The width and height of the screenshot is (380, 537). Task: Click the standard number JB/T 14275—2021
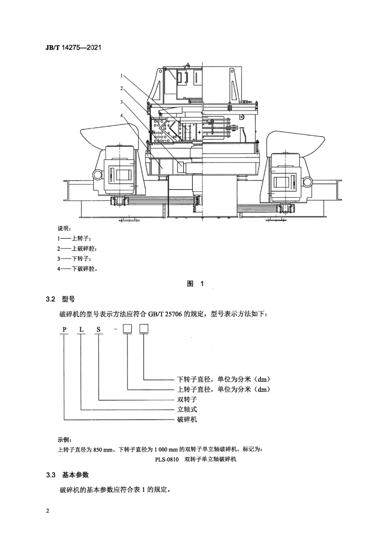(73, 48)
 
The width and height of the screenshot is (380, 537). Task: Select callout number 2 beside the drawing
(122, 88)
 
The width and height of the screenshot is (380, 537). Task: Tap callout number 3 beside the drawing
(122, 102)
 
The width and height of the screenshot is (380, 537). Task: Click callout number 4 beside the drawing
(122, 116)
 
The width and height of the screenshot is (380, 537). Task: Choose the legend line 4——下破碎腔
(78, 269)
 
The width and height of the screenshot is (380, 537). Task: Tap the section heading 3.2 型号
(60, 299)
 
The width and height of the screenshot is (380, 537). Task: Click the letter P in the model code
(64, 330)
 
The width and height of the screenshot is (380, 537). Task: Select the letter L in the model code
(81, 330)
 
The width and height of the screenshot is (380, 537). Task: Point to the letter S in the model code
(99, 330)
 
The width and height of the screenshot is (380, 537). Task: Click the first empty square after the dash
(128, 329)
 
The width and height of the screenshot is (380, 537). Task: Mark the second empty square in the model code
(144, 329)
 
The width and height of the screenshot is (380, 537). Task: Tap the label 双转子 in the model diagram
(187, 399)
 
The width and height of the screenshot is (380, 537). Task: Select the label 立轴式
(187, 409)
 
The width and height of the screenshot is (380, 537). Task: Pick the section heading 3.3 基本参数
(67, 475)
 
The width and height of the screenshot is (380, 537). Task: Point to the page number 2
(48, 512)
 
